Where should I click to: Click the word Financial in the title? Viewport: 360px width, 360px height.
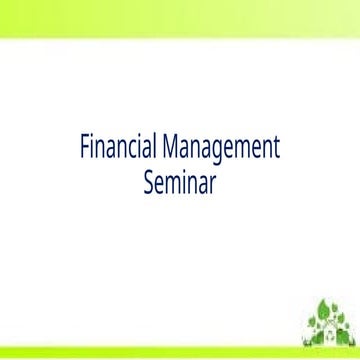(116, 151)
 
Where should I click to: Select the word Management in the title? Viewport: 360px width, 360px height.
(218, 151)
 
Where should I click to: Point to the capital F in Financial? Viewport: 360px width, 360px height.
(84, 151)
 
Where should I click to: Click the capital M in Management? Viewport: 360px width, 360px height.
(166, 151)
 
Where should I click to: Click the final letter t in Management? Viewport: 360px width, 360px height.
(275, 152)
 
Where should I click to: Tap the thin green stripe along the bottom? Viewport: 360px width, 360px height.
(150, 355)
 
